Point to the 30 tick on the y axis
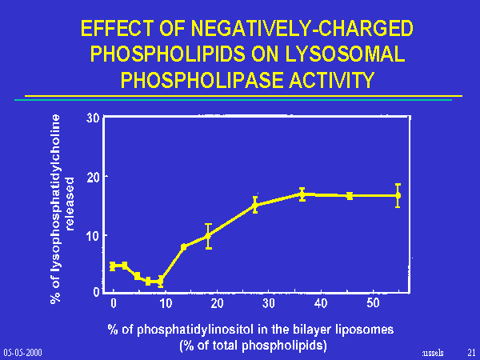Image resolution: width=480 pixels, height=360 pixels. click(94, 118)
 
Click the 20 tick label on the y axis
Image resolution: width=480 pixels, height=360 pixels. click(94, 177)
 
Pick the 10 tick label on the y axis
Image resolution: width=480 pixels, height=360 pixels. click(94, 235)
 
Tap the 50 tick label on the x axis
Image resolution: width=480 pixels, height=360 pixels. click(373, 303)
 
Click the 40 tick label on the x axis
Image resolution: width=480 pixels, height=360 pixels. click(321, 303)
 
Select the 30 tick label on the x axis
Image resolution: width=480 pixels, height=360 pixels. click(269, 303)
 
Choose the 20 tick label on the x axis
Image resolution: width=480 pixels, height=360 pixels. click(217, 303)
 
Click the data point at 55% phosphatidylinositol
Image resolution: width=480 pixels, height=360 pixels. click(398, 195)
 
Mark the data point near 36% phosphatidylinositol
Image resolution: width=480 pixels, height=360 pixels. click(302, 194)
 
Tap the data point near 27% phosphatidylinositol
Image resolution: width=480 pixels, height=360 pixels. click(255, 205)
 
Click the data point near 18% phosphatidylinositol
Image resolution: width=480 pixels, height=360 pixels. click(208, 236)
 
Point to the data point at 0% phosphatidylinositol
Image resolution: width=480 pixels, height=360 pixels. click(113, 266)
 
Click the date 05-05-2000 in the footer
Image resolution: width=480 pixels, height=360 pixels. click(22, 352)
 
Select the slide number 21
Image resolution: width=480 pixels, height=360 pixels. click(470, 352)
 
